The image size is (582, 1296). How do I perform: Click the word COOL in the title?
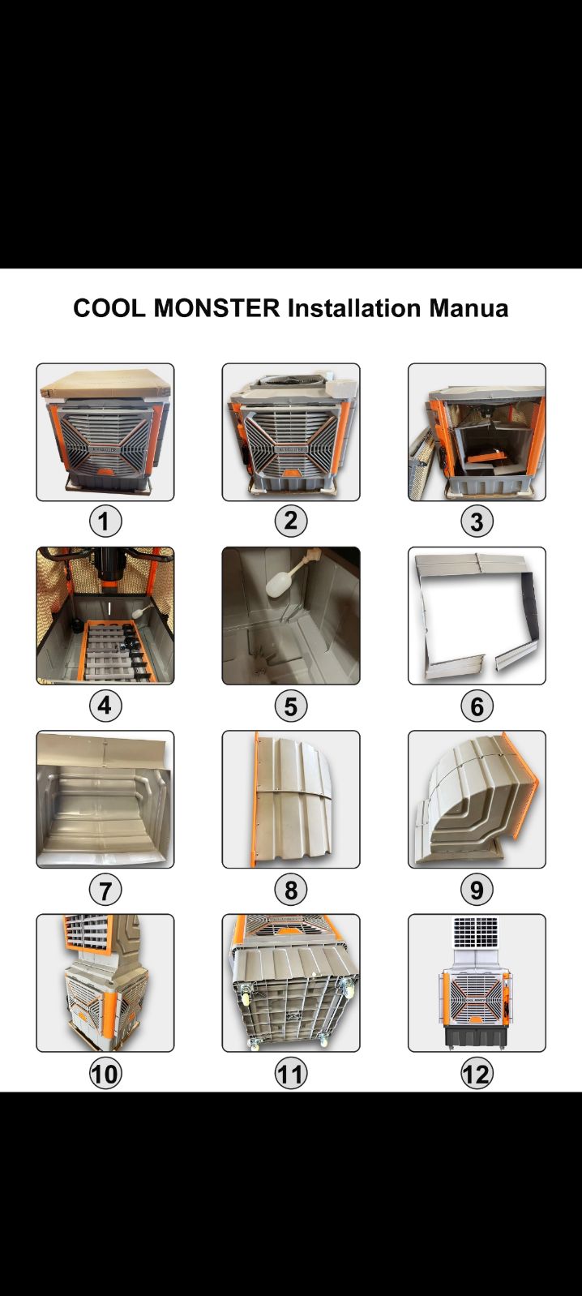pyautogui.click(x=109, y=308)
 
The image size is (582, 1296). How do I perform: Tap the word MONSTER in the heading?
pyautogui.click(x=217, y=308)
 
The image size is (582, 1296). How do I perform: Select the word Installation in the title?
pyautogui.click(x=355, y=308)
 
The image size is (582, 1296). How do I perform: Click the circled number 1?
pyautogui.click(x=105, y=521)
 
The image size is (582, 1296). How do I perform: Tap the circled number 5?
pyautogui.click(x=291, y=706)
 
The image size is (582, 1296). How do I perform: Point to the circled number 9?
pyautogui.click(x=477, y=889)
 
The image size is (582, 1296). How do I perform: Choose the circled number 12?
pyautogui.click(x=477, y=1073)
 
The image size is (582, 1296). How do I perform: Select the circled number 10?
pyautogui.click(x=105, y=1073)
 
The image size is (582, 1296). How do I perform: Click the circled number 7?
pyautogui.click(x=105, y=889)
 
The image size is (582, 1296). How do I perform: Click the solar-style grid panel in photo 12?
pyautogui.click(x=476, y=933)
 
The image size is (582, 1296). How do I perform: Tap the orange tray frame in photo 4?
pyautogui.click(x=118, y=652)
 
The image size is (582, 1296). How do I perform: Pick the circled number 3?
pyautogui.click(x=477, y=521)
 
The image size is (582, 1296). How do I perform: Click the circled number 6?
pyautogui.click(x=477, y=706)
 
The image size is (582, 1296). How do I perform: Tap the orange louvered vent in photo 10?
pyautogui.click(x=88, y=933)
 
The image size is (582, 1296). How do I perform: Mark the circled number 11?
pyautogui.click(x=291, y=1073)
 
